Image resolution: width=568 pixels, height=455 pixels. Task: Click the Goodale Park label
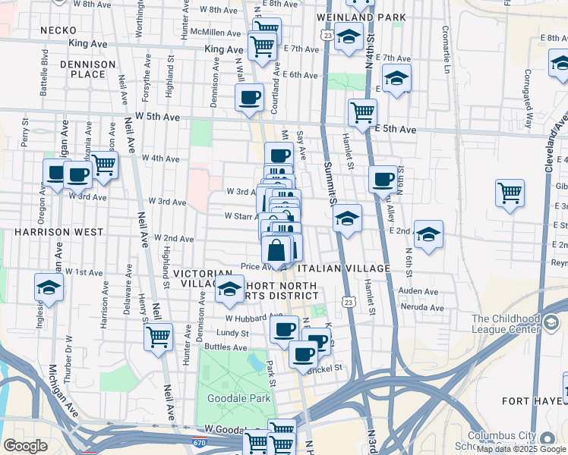click(229, 398)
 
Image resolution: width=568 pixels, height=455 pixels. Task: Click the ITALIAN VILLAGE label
click(344, 268)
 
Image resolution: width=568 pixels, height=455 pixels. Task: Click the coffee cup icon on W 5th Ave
click(250, 97)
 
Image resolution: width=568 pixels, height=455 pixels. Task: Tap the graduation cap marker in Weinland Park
click(349, 36)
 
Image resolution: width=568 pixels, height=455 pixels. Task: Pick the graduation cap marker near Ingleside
click(49, 287)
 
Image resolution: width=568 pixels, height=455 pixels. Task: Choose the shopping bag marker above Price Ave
click(277, 249)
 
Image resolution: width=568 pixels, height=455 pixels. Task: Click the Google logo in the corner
click(25, 446)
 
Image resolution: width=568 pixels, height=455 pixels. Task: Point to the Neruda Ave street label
click(421, 308)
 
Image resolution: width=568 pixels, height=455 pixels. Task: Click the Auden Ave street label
click(420, 290)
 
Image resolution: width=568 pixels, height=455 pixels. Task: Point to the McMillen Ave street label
click(216, 33)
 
